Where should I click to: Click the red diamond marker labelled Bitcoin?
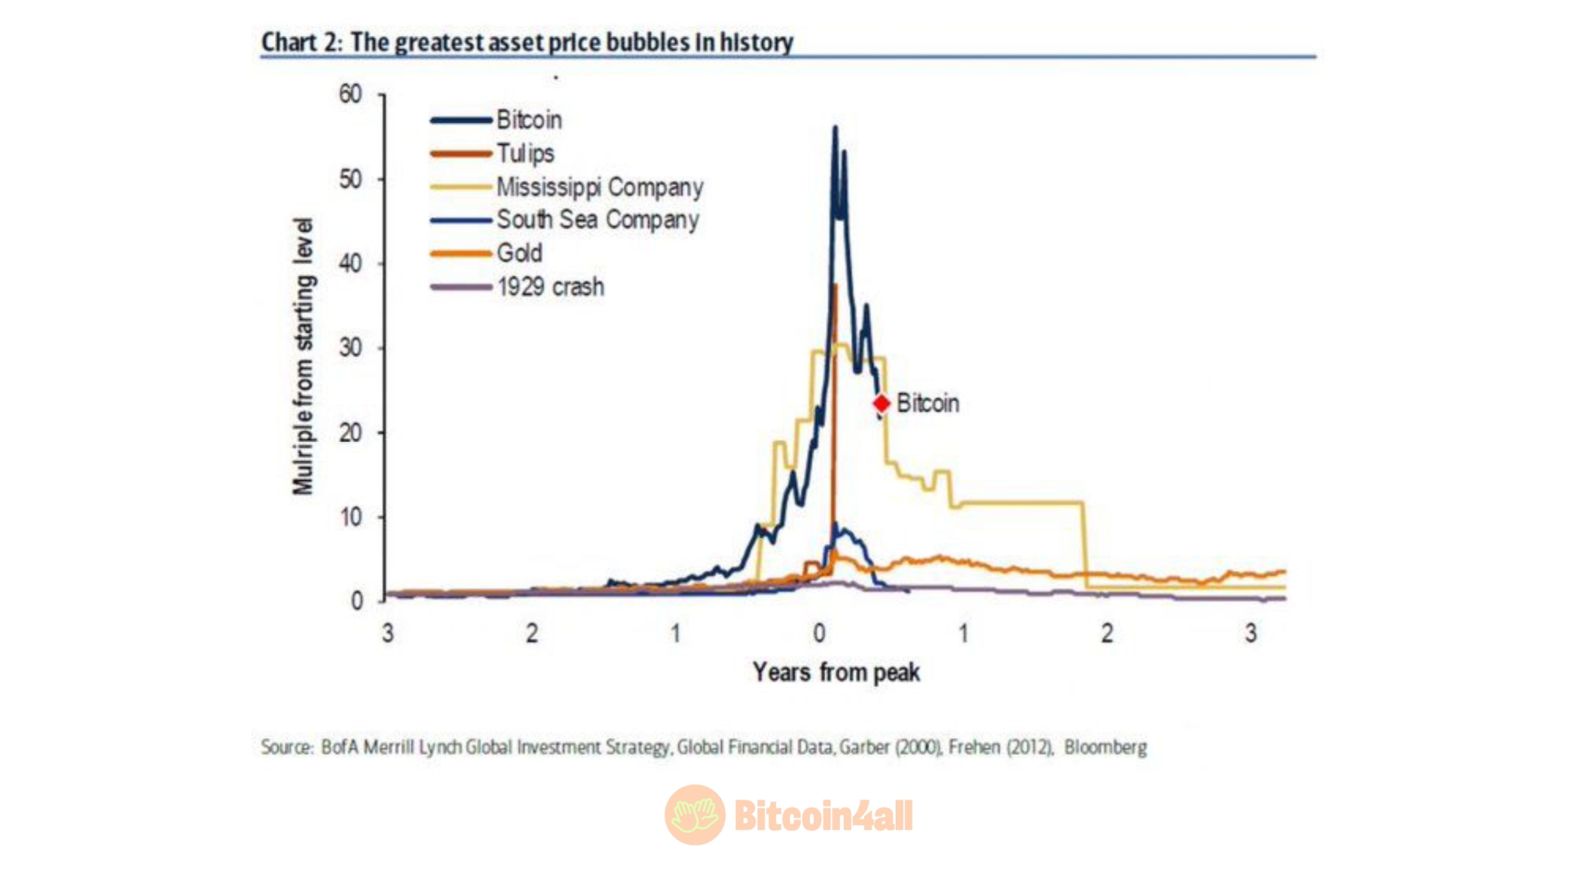pyautogui.click(x=882, y=404)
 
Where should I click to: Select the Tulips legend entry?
pyautogui.click(x=525, y=153)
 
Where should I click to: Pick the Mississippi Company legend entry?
pyautogui.click(x=599, y=187)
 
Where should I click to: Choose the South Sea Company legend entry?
pyautogui.click(x=598, y=220)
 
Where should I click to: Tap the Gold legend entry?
pyautogui.click(x=520, y=253)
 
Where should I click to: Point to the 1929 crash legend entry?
pyautogui.click(x=550, y=287)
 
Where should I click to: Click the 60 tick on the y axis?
pyautogui.click(x=350, y=94)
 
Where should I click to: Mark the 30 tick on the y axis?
pyautogui.click(x=350, y=348)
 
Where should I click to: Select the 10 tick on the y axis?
pyautogui.click(x=350, y=517)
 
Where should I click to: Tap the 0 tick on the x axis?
pyautogui.click(x=819, y=633)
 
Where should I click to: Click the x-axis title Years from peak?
pyautogui.click(x=836, y=672)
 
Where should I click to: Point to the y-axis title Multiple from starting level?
pyautogui.click(x=303, y=356)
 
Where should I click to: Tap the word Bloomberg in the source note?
pyautogui.click(x=1105, y=747)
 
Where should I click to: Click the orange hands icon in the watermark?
pyautogui.click(x=695, y=814)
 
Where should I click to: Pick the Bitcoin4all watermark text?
pyautogui.click(x=823, y=815)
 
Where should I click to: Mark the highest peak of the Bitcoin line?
pyautogui.click(x=835, y=127)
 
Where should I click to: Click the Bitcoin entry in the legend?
pyautogui.click(x=528, y=120)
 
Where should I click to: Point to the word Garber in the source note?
pyautogui.click(x=864, y=747)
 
